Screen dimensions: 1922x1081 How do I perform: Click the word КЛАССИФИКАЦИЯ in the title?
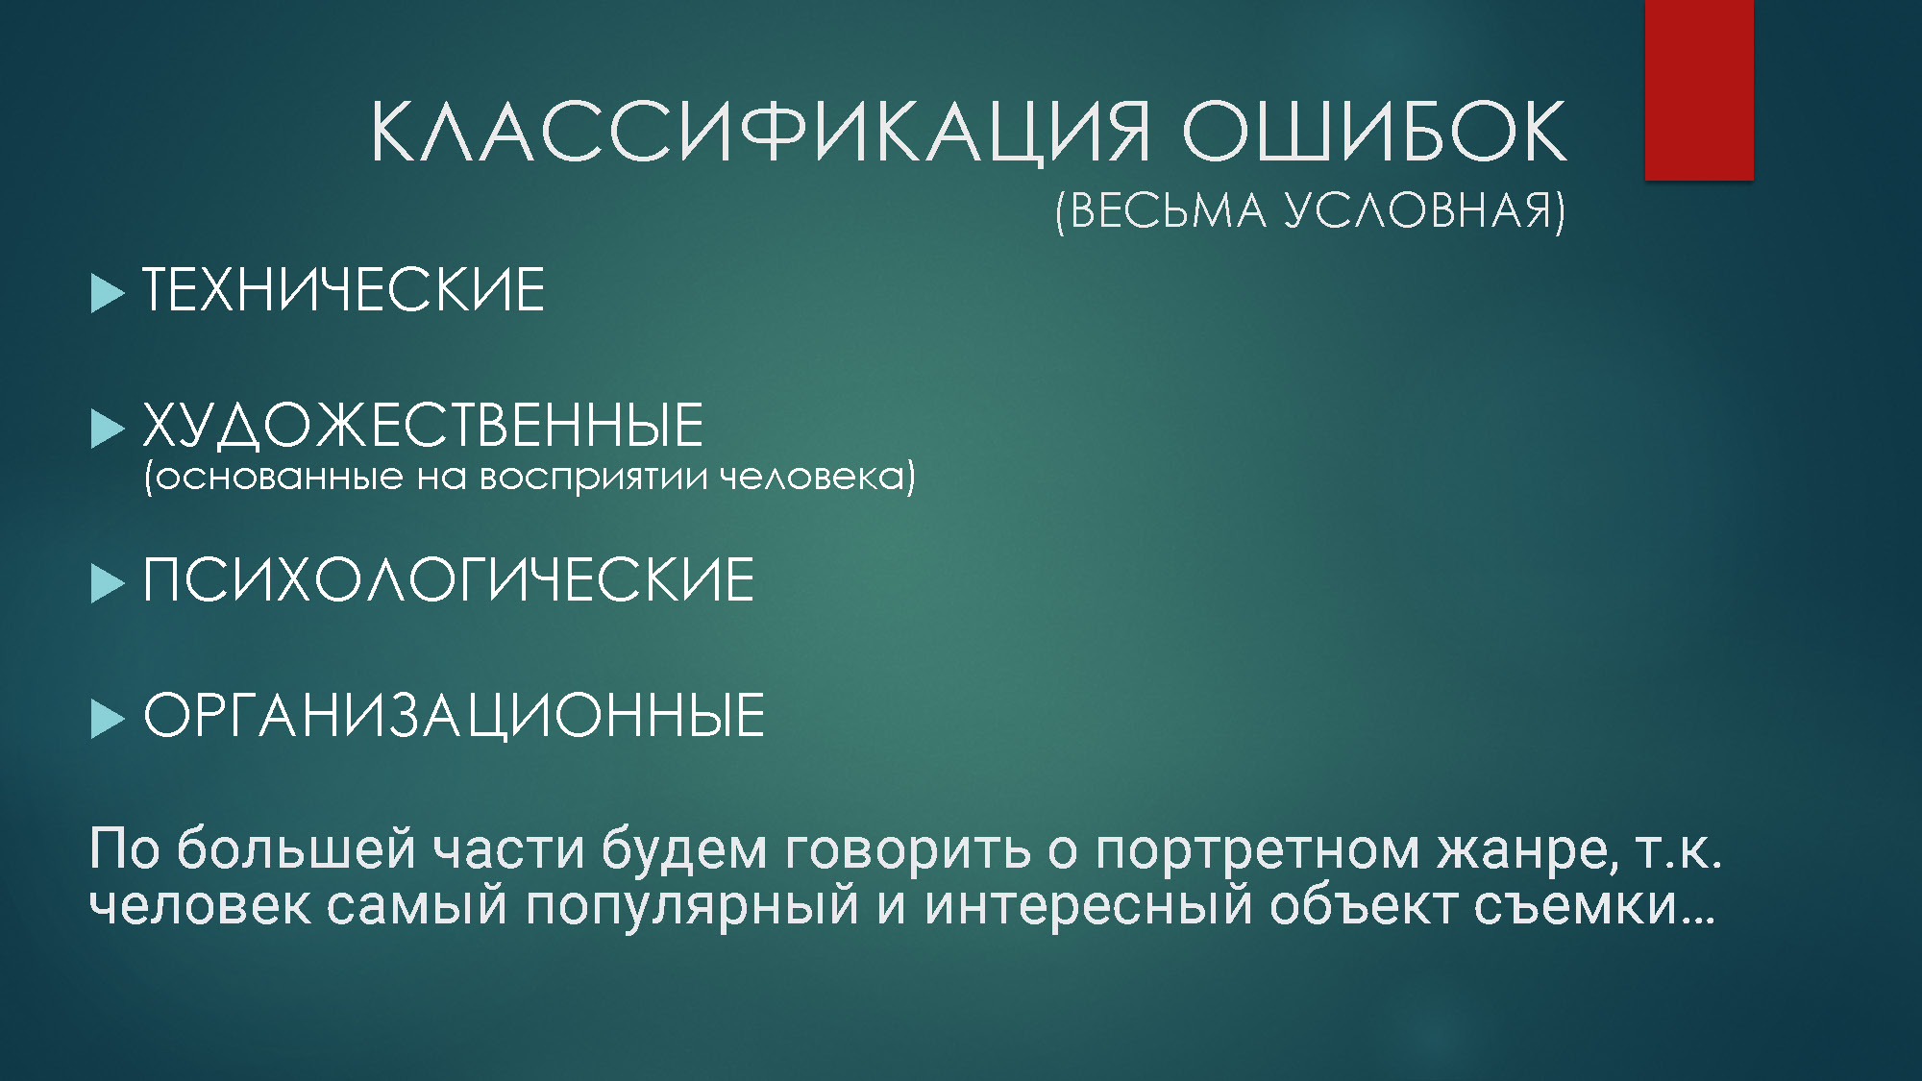pos(760,132)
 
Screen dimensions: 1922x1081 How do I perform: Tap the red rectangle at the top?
pos(1699,89)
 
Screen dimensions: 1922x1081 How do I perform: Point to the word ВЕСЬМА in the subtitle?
pos(1168,210)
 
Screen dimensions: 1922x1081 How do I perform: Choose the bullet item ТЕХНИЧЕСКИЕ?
pos(344,289)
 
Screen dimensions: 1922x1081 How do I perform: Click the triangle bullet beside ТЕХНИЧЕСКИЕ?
pos(108,293)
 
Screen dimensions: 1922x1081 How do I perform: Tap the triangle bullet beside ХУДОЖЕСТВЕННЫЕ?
pos(108,429)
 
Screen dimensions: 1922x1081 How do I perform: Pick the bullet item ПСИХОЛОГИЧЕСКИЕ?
pos(449,579)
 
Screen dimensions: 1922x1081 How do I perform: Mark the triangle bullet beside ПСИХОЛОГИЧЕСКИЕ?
pos(108,583)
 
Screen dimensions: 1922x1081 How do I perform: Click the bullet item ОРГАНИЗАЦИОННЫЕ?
pos(454,715)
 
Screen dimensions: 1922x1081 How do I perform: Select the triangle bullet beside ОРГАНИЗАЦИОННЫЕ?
pos(108,719)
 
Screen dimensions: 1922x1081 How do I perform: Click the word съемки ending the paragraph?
pos(1576,905)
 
